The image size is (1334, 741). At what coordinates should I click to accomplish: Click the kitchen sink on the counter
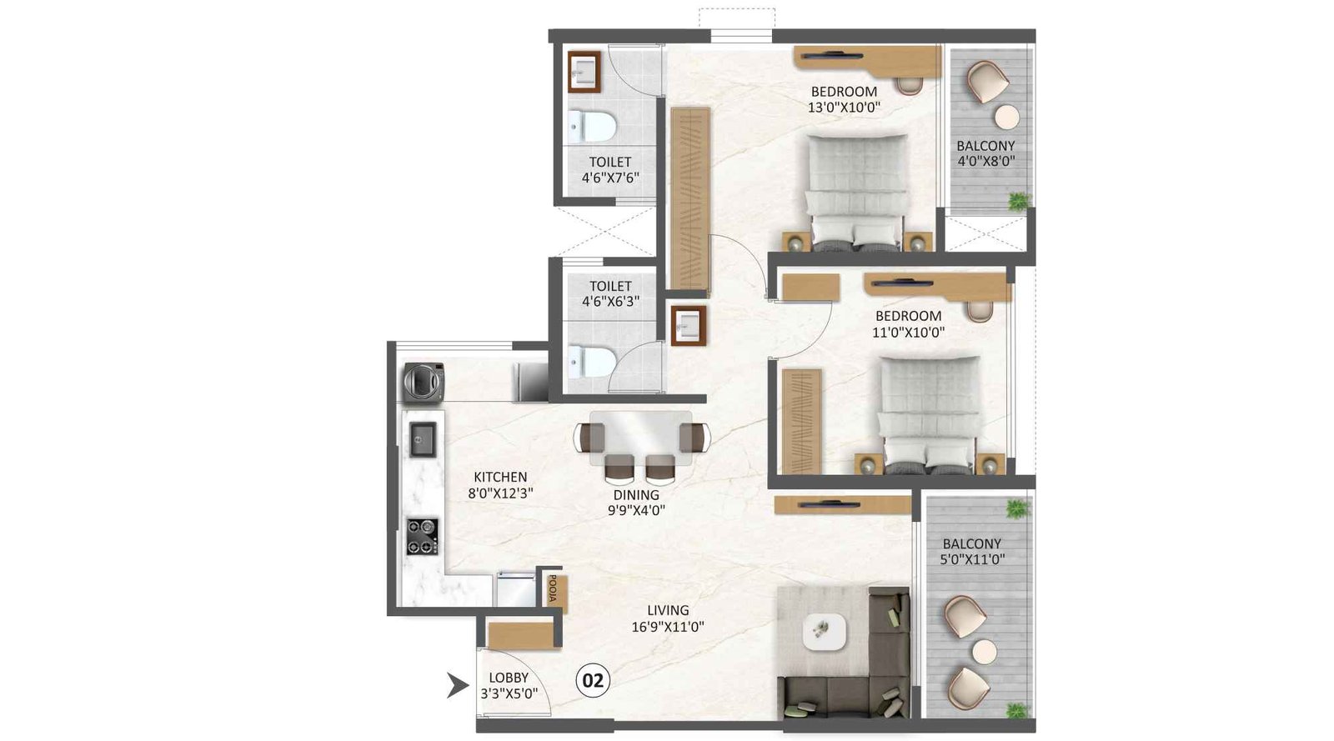[423, 439]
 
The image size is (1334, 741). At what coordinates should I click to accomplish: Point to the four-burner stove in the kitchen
[423, 537]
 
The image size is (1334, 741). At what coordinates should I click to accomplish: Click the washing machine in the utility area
[424, 382]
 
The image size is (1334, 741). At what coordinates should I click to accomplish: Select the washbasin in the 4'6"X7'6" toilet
[585, 72]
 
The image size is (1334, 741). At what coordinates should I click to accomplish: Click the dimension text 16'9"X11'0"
[668, 626]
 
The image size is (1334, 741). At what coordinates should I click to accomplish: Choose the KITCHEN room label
[500, 477]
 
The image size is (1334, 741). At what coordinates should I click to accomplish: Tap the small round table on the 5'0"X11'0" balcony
[985, 652]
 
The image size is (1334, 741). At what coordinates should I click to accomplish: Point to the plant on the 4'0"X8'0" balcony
[1018, 201]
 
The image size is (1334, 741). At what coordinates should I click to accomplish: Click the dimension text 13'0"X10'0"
[844, 107]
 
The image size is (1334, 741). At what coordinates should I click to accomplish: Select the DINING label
[636, 495]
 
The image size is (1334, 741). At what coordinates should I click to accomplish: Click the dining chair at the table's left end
[590, 438]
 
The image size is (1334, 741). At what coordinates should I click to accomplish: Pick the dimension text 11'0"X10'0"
[908, 332]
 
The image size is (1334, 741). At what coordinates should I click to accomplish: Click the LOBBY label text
[509, 678]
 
